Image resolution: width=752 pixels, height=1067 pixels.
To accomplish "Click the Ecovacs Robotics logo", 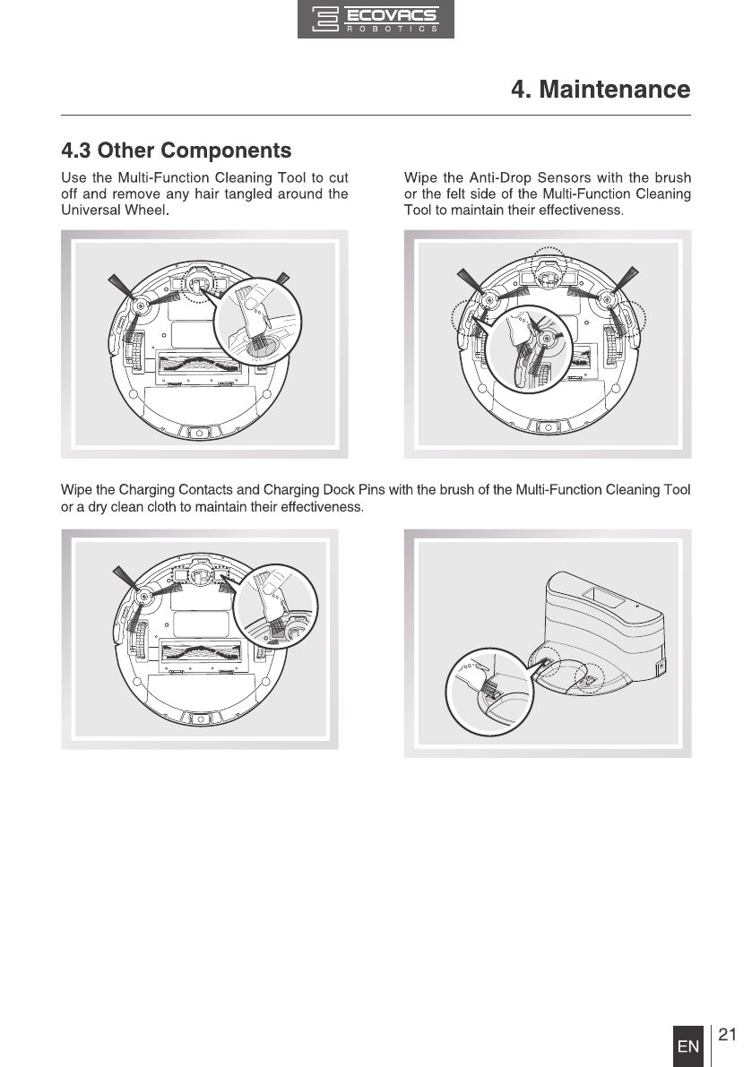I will pyautogui.click(x=376, y=20).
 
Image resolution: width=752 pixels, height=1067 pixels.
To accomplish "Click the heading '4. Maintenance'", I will pyautogui.click(x=600, y=90).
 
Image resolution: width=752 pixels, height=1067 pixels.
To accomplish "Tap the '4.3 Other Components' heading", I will pyautogui.click(x=176, y=149).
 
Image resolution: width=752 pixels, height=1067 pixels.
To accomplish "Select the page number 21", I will pyautogui.click(x=727, y=1036).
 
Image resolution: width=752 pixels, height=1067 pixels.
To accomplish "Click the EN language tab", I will pyautogui.click(x=688, y=1046).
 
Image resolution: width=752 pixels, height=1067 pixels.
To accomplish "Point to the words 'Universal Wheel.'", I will pyautogui.click(x=115, y=211).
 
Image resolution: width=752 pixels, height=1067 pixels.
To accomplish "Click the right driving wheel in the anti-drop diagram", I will pyautogui.click(x=612, y=346).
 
